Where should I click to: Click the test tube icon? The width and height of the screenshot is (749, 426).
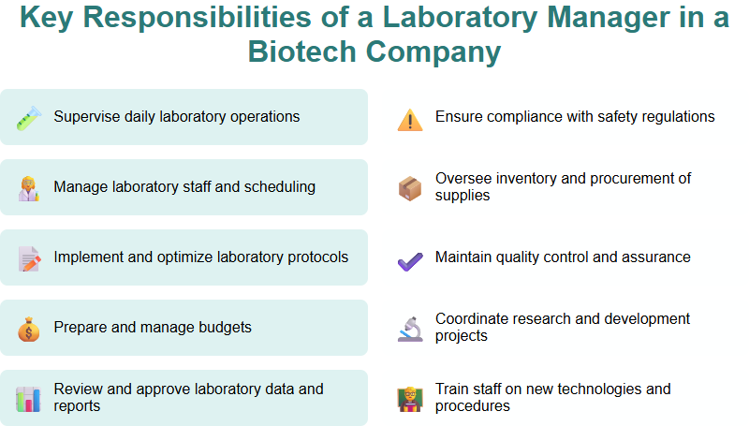tap(28, 117)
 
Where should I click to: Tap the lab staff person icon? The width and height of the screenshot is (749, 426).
tap(28, 187)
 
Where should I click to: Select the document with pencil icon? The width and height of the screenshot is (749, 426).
tap(28, 257)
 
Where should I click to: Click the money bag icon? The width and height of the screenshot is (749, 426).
tap(28, 329)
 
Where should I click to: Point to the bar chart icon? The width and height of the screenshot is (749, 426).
tap(28, 399)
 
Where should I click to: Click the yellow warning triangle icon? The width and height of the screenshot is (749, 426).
tap(410, 119)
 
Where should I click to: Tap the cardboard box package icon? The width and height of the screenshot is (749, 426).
tap(410, 188)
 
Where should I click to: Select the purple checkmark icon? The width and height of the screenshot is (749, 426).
tap(410, 259)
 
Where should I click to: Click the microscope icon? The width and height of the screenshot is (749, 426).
tap(410, 329)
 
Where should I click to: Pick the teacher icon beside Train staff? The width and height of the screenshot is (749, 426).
tap(410, 399)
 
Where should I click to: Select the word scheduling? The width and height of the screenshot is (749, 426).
tap(279, 187)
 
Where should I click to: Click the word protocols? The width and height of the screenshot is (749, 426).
tap(315, 257)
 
